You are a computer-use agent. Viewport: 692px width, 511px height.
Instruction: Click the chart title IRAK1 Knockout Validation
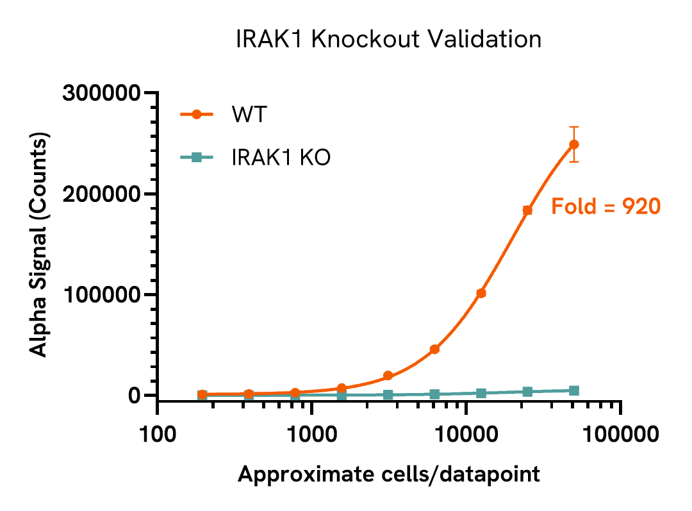[x=389, y=40]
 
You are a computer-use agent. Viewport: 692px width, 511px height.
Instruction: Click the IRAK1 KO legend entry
[x=281, y=157]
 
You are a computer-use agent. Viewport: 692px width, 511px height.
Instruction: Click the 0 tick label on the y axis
[x=134, y=396]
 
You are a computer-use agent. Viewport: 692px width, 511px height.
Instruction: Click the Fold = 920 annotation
[x=605, y=206]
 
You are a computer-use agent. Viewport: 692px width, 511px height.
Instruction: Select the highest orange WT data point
[x=574, y=144]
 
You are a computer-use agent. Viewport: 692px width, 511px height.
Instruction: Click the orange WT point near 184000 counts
[x=527, y=210]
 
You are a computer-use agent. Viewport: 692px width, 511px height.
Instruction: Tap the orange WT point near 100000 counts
[x=481, y=293]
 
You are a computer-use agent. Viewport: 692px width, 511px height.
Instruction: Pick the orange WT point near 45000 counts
[x=434, y=349]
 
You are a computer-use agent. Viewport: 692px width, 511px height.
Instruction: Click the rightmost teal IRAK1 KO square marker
[x=574, y=390]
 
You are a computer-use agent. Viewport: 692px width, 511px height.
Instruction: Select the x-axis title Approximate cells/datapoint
[x=389, y=475]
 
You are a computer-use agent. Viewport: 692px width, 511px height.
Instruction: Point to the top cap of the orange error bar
[x=574, y=127]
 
